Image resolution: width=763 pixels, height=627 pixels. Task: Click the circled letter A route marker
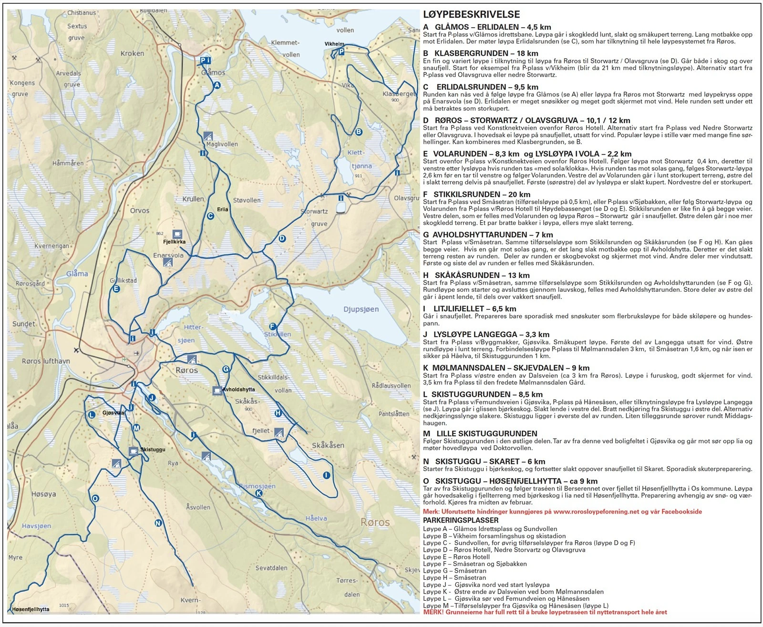pyautogui.click(x=217, y=85)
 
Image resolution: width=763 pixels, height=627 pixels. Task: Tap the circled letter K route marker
pyautogui.click(x=259, y=493)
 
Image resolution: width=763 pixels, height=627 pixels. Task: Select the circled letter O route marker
pyautogui.click(x=95, y=498)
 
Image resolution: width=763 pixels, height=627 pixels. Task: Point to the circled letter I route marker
pyautogui.click(x=326, y=475)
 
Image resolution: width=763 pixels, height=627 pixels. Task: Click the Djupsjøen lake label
pyautogui.click(x=361, y=309)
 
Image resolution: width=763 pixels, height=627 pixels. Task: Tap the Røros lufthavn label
pyautogui.click(x=46, y=361)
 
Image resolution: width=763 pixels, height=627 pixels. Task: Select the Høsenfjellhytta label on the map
pyautogui.click(x=31, y=609)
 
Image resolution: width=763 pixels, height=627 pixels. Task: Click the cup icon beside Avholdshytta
pyautogui.click(x=217, y=390)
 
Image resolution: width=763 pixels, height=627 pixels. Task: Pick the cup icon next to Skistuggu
pyautogui.click(x=134, y=450)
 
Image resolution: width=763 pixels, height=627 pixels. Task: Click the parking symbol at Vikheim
pyautogui.click(x=341, y=51)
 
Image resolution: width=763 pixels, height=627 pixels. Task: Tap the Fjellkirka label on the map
pyautogui.click(x=174, y=242)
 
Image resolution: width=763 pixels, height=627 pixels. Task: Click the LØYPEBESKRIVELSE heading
pyautogui.click(x=471, y=15)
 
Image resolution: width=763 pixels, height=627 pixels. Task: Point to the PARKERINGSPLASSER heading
pyautogui.click(x=460, y=520)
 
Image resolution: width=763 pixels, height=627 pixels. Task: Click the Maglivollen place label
pyautogui.click(x=222, y=144)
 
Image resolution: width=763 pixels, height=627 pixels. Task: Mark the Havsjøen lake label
pyautogui.click(x=36, y=526)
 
